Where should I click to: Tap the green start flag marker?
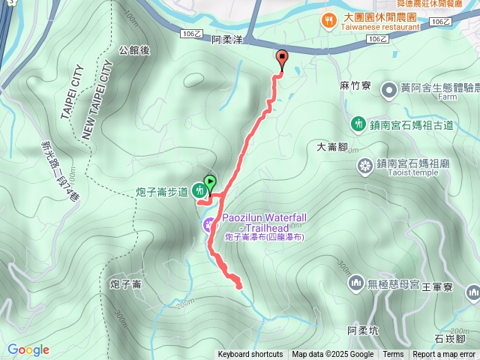(x=210, y=182)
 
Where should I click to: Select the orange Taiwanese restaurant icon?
(x=328, y=18)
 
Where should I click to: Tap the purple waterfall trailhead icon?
(x=209, y=224)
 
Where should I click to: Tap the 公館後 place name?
(x=135, y=50)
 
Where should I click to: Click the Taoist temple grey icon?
(x=364, y=165)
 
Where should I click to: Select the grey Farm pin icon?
(x=389, y=90)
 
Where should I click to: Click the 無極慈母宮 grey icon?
(x=355, y=283)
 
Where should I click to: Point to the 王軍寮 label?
(x=437, y=287)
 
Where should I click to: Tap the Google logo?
(x=28, y=349)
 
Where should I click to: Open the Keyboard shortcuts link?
(x=250, y=355)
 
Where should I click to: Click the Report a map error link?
(x=444, y=355)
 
